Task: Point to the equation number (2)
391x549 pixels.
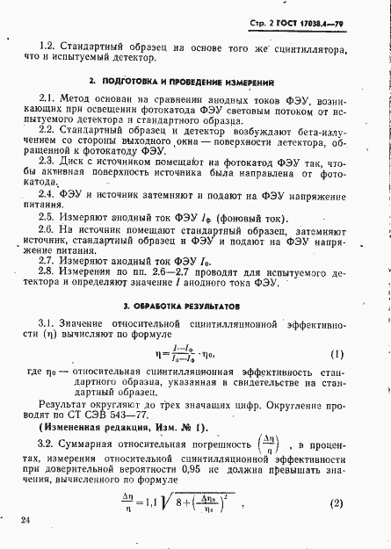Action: (x=335, y=503)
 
